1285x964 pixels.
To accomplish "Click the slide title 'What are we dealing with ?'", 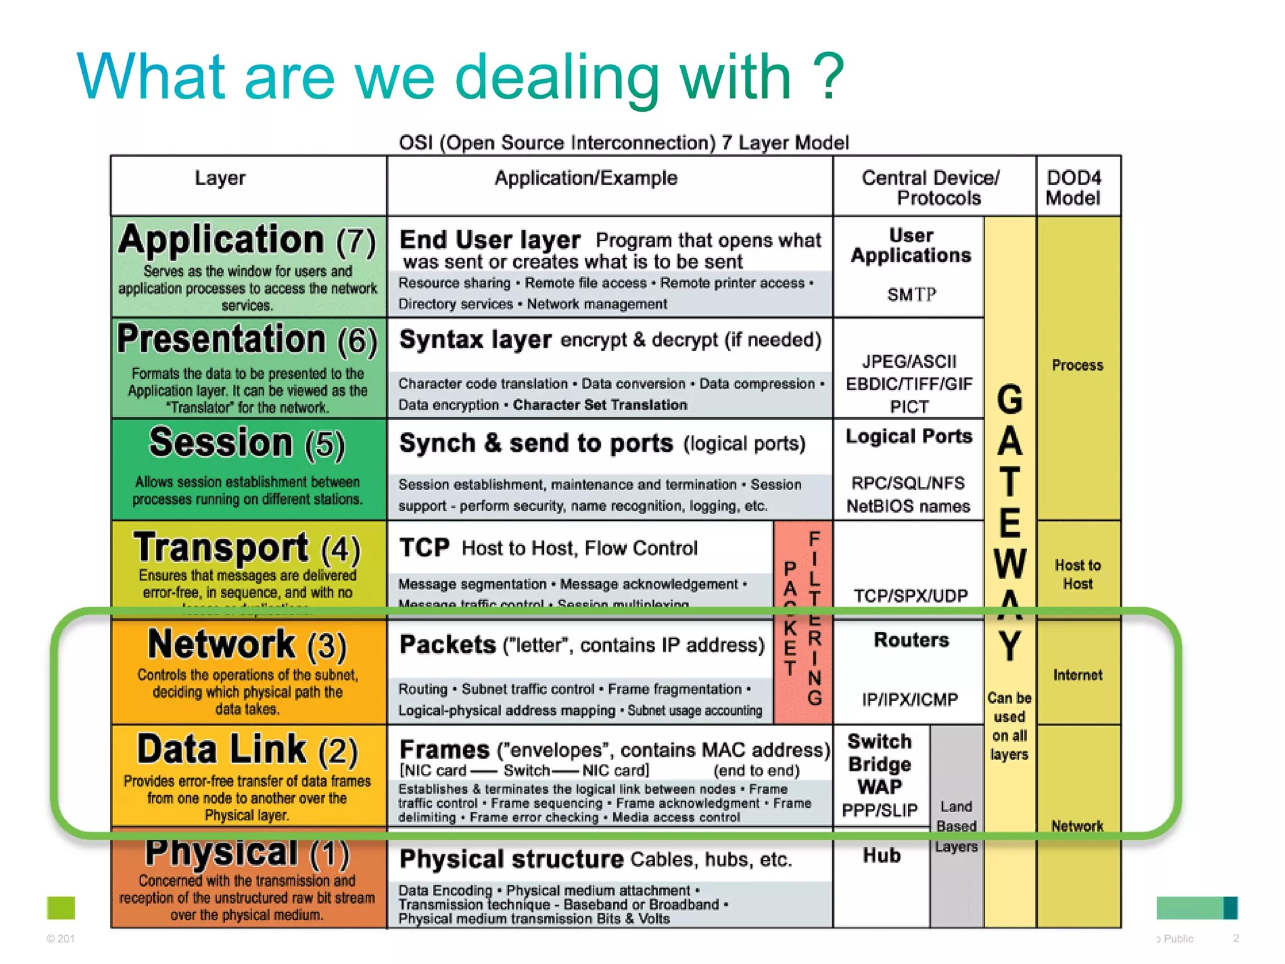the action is pyautogui.click(x=461, y=77).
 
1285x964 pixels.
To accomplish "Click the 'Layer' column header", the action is pyautogui.click(x=220, y=178).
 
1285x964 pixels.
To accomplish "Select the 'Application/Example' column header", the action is pyautogui.click(x=586, y=178).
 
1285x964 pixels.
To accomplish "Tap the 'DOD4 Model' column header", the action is pyautogui.click(x=1073, y=188).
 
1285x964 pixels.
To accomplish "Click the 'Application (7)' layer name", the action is pyautogui.click(x=247, y=240).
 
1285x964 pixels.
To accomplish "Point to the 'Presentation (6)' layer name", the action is pyautogui.click(x=247, y=340).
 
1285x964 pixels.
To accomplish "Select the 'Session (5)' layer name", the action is pyautogui.click(x=247, y=443).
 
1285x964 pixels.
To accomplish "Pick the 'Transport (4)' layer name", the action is pyautogui.click(x=247, y=547).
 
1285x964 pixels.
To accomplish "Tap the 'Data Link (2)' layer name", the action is pyautogui.click(x=247, y=749).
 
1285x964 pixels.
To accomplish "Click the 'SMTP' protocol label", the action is pyautogui.click(x=911, y=294).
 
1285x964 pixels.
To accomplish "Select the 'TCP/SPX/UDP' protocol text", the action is pyautogui.click(x=910, y=596).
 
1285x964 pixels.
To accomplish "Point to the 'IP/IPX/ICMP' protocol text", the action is pyautogui.click(x=910, y=699).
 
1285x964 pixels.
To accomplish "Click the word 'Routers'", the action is pyautogui.click(x=911, y=640).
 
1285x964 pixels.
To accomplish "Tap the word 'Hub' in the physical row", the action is pyautogui.click(x=882, y=855).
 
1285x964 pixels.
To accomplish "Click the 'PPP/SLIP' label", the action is pyautogui.click(x=880, y=810).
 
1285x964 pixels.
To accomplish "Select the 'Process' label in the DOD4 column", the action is pyautogui.click(x=1077, y=365).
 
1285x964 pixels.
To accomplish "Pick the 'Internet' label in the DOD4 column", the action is pyautogui.click(x=1077, y=675).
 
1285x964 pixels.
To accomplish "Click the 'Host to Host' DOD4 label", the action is pyautogui.click(x=1077, y=574).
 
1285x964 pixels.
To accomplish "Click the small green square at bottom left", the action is pyautogui.click(x=61, y=908).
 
